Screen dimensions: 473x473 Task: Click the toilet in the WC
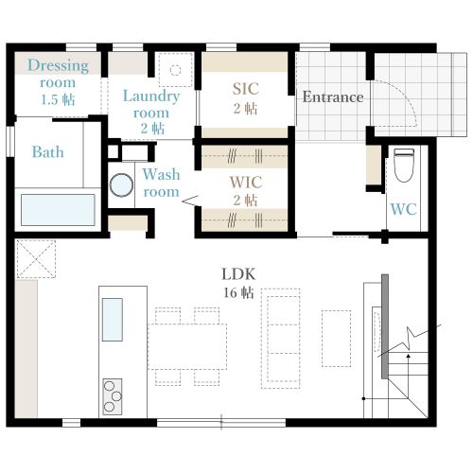[404, 166]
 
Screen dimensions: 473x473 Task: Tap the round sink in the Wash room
[121, 185]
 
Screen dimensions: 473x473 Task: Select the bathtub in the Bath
[58, 210]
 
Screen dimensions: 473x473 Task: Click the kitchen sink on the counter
[113, 320]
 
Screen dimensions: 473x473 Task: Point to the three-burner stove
[113, 396]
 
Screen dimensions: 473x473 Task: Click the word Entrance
[333, 96]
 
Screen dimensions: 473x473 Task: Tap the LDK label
[238, 274]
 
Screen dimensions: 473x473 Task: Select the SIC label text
[246, 89]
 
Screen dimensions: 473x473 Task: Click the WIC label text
[246, 182]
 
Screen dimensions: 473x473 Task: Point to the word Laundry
[151, 96]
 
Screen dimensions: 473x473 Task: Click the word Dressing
[58, 66]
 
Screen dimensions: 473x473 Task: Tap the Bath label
[48, 151]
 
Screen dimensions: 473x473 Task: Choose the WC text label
[404, 209]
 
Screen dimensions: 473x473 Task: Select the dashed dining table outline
[187, 346]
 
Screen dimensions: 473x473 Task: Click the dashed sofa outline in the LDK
[281, 339]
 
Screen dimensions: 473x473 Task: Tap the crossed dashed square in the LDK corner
[36, 259]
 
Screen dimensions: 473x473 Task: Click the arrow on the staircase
[409, 376]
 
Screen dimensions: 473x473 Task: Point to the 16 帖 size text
[238, 293]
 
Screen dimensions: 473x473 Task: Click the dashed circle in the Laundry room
[175, 70]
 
